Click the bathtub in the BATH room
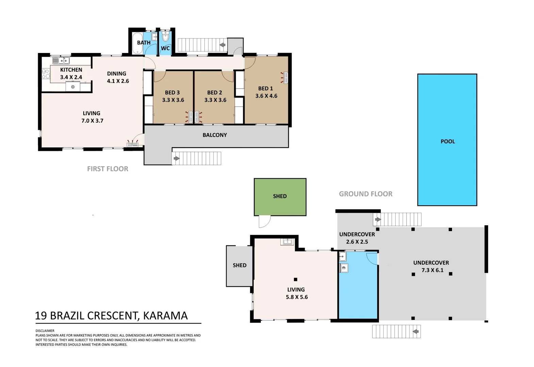[x=137, y=43]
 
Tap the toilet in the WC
[x=165, y=36]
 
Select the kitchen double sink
[x=61, y=60]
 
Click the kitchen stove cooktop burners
[x=46, y=73]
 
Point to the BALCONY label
[x=215, y=135]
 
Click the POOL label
[x=448, y=141]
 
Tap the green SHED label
[x=280, y=196]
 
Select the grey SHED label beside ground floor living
[x=239, y=265]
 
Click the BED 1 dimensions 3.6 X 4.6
[x=266, y=96]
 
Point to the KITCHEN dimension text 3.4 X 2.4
[x=71, y=77]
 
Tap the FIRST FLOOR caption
[x=107, y=169]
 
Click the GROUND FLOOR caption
[x=365, y=194]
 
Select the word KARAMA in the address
[x=165, y=316]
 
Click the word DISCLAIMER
[x=45, y=331]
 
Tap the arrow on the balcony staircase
[x=177, y=158]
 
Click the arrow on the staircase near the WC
[x=222, y=45]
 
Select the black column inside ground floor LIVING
[x=295, y=279]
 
